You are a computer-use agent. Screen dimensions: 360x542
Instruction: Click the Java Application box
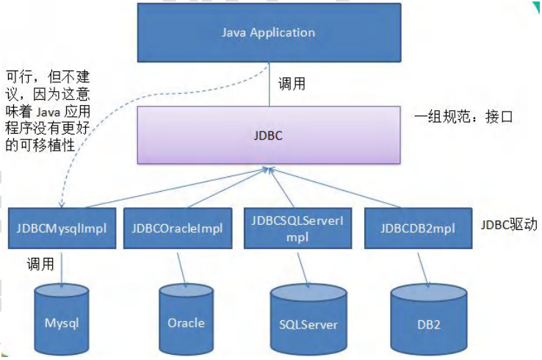point(268,33)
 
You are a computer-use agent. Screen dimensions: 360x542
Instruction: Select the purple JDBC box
point(268,135)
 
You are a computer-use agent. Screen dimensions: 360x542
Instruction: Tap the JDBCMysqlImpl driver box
point(62,228)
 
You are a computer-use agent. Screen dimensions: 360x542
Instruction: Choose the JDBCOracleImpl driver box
point(177,228)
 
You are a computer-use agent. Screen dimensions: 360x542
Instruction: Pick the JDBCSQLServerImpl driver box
point(297,228)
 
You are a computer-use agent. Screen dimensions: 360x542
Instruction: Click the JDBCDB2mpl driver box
point(416,228)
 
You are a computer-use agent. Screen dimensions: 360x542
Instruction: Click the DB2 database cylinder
point(429,322)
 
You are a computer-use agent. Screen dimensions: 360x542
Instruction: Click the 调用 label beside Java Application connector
point(292,84)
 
